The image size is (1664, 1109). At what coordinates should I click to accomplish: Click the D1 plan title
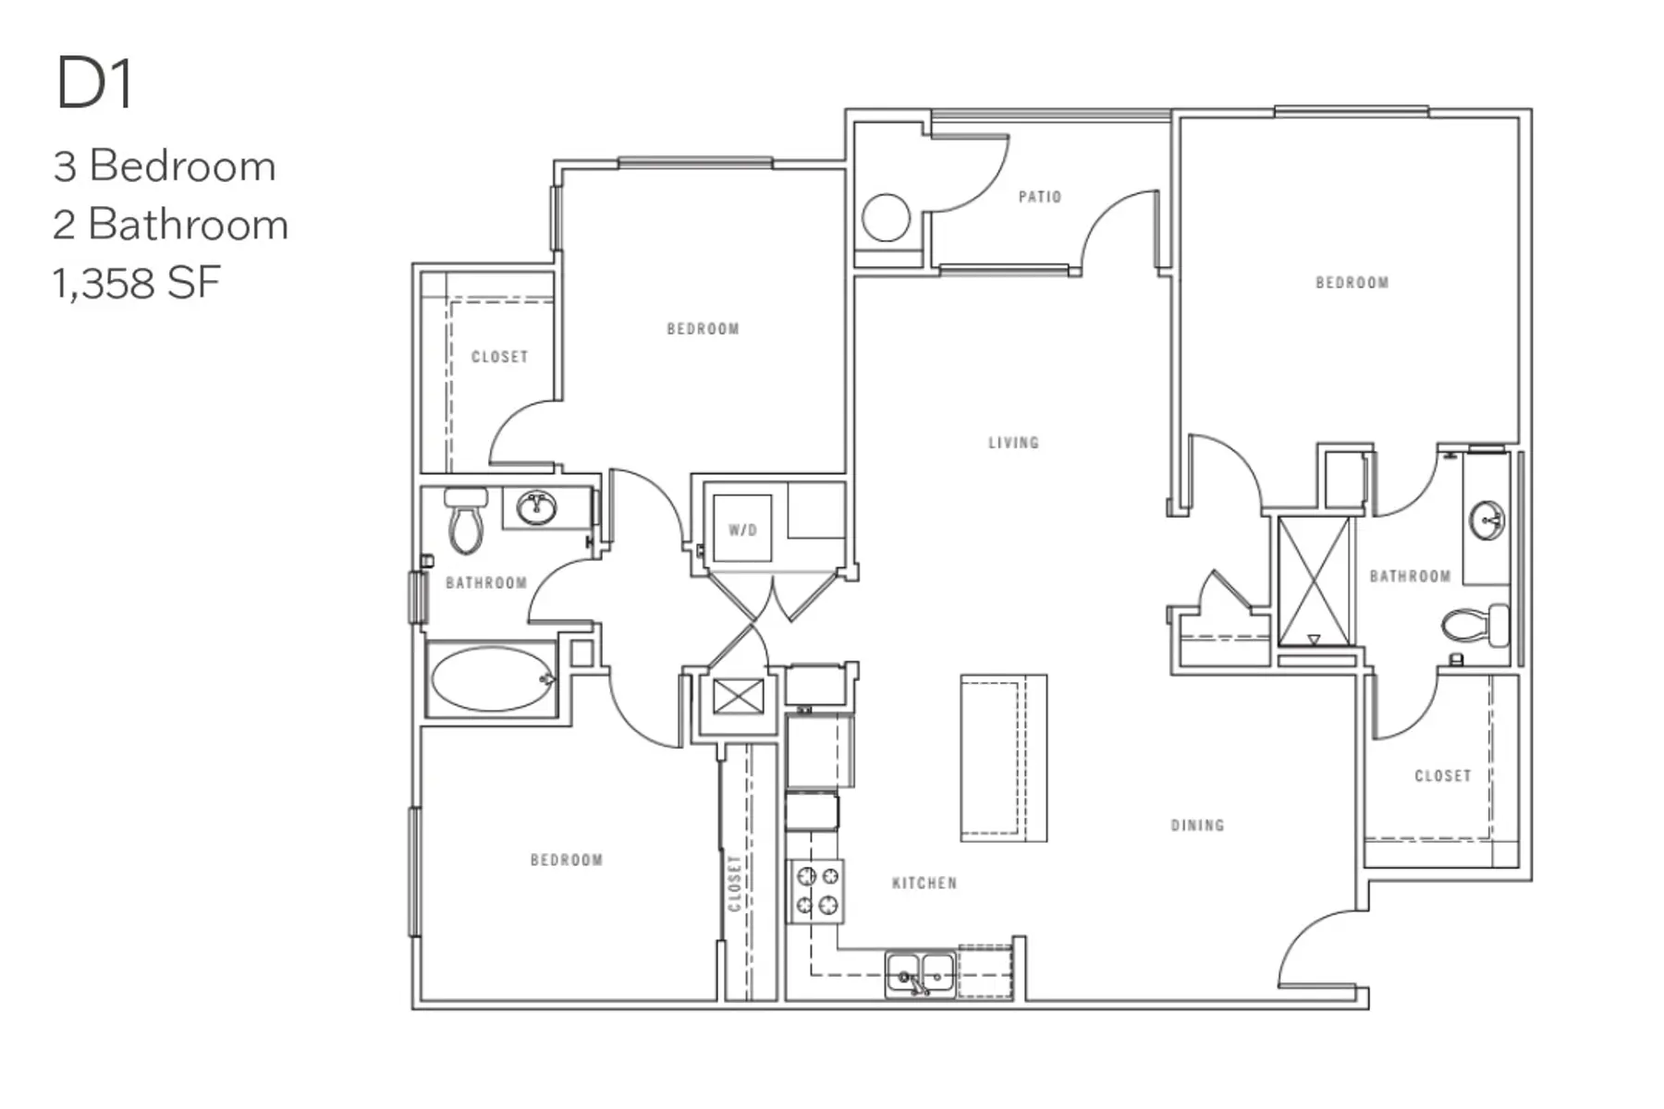click(95, 84)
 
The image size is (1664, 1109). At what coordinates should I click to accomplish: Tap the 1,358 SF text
click(136, 283)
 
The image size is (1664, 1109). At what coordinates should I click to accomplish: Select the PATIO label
click(1039, 197)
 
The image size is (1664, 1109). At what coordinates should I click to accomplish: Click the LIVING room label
click(1013, 443)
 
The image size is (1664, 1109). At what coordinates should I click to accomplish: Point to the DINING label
click(1197, 825)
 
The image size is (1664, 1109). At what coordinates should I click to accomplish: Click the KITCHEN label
click(924, 884)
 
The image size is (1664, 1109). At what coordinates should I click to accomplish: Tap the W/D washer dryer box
click(742, 530)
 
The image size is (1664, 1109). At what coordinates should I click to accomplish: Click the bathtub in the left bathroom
click(492, 679)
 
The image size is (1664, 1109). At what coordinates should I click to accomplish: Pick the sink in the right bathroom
click(1487, 520)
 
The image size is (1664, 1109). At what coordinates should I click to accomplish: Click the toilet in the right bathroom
click(1474, 626)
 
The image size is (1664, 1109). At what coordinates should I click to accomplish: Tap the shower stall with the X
click(1314, 580)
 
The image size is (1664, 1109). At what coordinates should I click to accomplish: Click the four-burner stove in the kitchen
click(816, 891)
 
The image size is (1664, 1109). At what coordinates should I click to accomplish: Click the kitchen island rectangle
click(1004, 758)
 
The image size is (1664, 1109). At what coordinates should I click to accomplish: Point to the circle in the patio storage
click(886, 218)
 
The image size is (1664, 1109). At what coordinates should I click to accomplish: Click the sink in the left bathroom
click(536, 507)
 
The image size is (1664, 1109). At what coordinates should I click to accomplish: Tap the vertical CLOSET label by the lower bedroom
click(735, 884)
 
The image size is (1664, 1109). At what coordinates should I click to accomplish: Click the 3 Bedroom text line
click(165, 166)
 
